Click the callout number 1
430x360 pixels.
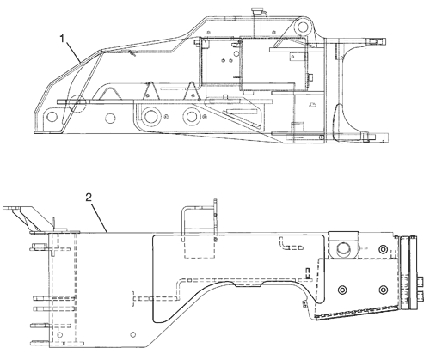[62, 39]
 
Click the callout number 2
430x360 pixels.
[89, 198]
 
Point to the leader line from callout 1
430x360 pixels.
[73, 52]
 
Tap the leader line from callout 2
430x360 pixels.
[100, 217]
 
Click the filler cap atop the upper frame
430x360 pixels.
[257, 12]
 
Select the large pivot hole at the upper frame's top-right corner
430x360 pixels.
[302, 27]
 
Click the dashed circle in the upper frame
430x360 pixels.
[77, 103]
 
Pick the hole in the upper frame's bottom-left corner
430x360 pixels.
[52, 117]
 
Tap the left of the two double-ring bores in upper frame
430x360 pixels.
[150, 116]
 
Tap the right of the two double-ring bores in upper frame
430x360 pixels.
[191, 116]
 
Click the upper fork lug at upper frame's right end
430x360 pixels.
[376, 41]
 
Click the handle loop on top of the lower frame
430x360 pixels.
[200, 218]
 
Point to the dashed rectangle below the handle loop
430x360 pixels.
[200, 247]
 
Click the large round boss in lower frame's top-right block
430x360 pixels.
[342, 249]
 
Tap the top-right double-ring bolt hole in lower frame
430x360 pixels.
[384, 249]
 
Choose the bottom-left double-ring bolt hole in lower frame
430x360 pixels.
[342, 290]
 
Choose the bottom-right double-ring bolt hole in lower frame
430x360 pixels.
[384, 290]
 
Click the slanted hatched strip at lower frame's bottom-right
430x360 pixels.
[356, 313]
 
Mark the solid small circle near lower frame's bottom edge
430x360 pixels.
[132, 334]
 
